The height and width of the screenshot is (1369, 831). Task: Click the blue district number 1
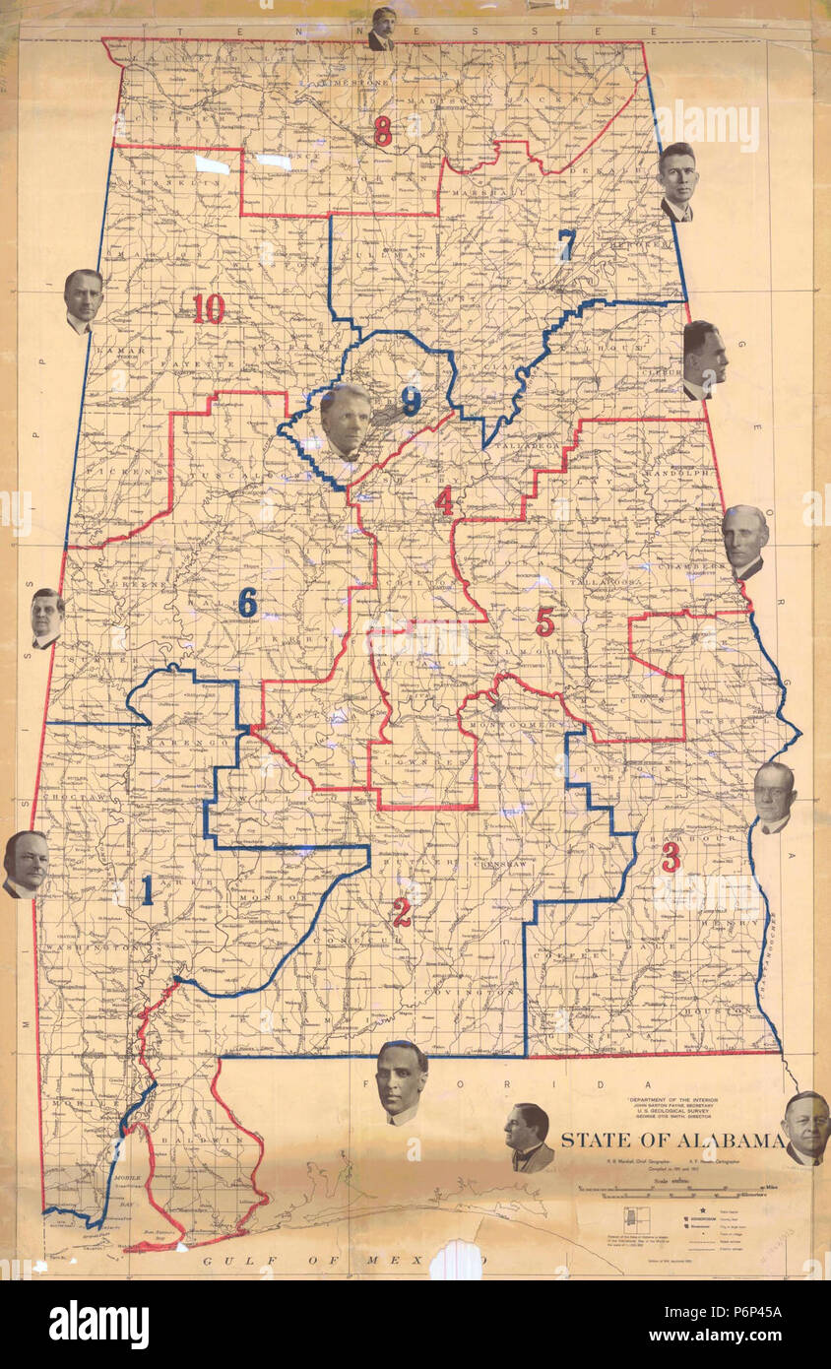coord(147,890)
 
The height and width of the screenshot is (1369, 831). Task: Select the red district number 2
coord(402,912)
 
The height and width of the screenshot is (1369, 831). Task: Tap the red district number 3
coord(671,857)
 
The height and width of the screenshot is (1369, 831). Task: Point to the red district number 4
coord(444,501)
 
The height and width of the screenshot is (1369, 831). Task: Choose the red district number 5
coord(544,620)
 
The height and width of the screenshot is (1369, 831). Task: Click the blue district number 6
coord(247,602)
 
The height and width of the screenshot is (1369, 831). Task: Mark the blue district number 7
coord(566,244)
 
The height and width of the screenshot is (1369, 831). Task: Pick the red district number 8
coord(382,130)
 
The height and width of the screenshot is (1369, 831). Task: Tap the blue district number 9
coord(411,400)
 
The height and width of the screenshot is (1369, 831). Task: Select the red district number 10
coord(209,308)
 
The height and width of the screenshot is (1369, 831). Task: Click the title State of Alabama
coord(672,1141)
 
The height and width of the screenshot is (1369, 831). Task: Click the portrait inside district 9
coord(346,422)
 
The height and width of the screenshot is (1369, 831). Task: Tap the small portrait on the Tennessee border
coord(382,28)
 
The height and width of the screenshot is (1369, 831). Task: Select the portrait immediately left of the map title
coord(529,1137)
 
